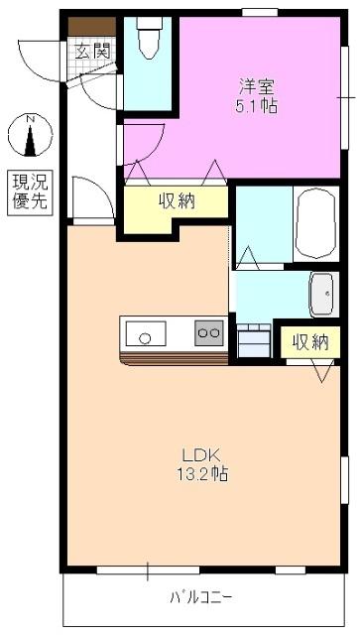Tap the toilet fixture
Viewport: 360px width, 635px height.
click(x=148, y=39)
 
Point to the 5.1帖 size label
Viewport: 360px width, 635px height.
click(x=255, y=104)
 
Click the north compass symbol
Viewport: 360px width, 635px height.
click(x=31, y=137)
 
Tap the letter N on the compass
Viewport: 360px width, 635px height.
click(x=31, y=120)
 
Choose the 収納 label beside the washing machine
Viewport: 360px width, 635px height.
click(x=309, y=342)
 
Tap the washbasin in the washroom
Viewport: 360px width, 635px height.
click(x=323, y=292)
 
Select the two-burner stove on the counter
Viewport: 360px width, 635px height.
click(x=208, y=333)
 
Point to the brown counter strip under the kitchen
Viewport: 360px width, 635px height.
click(x=174, y=356)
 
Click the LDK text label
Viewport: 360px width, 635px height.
click(x=195, y=456)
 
